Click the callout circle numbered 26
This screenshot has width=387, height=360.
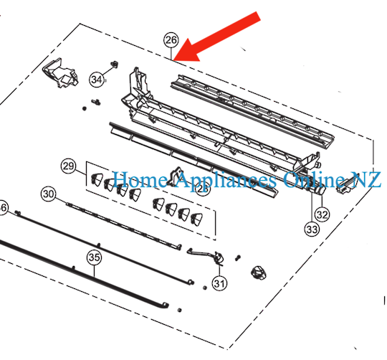click(x=170, y=40)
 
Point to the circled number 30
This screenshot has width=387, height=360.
click(x=48, y=194)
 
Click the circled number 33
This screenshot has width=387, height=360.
click(x=311, y=229)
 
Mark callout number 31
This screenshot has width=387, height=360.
click(x=219, y=283)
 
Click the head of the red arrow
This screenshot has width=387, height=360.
click(x=179, y=57)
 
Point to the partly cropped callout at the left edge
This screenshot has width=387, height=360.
click(x=3, y=208)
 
